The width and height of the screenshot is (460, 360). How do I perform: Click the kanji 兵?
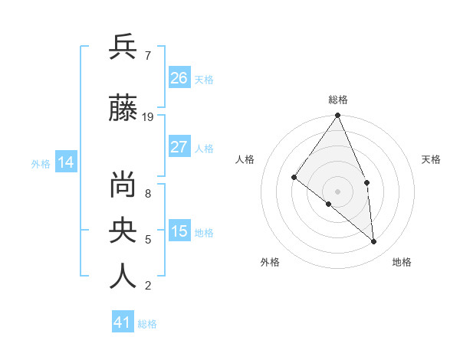[x=123, y=47]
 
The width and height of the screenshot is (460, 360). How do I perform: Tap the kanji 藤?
[x=123, y=110]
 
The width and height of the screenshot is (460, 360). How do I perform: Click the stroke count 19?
[x=148, y=117]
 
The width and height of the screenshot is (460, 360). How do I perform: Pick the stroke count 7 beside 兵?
[x=147, y=56]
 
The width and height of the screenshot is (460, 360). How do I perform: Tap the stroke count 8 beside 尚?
[x=147, y=194]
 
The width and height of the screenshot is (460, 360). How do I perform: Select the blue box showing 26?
[x=179, y=78]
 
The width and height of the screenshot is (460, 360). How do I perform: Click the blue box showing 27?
[x=179, y=147]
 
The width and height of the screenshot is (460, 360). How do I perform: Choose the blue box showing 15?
[x=179, y=231]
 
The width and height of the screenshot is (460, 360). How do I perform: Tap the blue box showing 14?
[x=66, y=162]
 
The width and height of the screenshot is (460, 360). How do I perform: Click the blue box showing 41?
[x=123, y=322]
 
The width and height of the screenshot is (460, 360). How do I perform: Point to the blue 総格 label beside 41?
[x=147, y=324]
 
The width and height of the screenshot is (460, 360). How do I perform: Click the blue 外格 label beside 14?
[x=41, y=163]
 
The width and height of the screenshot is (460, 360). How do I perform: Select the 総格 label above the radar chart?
[x=338, y=100]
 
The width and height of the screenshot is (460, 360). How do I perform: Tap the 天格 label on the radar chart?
[x=432, y=159]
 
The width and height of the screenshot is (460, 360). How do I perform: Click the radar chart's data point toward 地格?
[x=373, y=241]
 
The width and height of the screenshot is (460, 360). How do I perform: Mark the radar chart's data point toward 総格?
[x=338, y=116]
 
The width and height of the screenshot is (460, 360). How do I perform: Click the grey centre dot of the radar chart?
[x=338, y=191]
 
